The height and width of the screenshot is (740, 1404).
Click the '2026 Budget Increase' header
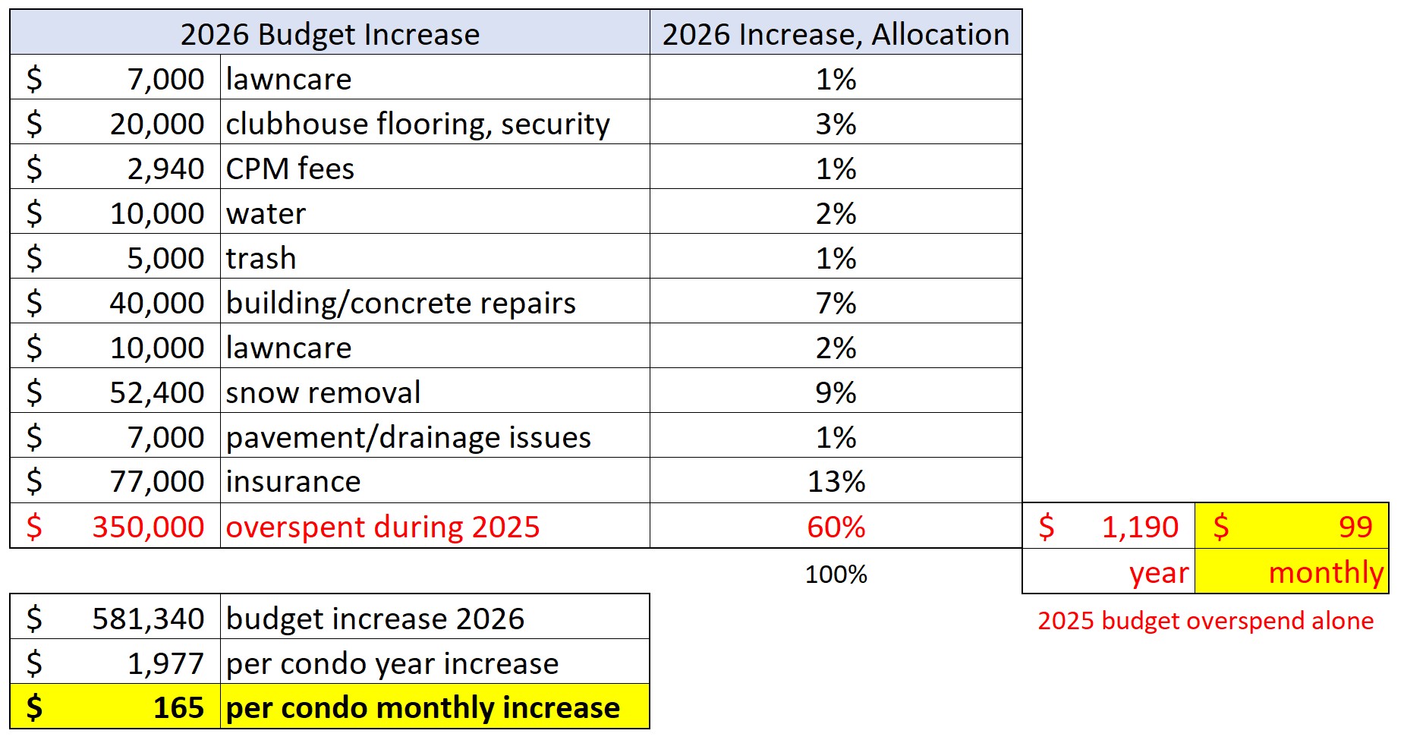point(330,34)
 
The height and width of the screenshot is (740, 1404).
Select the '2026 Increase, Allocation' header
point(836,34)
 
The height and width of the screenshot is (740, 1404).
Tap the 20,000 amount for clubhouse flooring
point(157,124)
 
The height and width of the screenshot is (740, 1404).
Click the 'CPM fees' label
point(290,168)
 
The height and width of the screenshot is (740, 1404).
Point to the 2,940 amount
point(165,168)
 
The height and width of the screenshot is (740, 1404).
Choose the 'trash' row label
point(261,258)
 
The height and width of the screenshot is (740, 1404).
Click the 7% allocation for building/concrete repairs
point(836,303)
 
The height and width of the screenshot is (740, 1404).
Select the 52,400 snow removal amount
point(157,392)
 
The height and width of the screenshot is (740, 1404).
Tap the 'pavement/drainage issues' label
point(408,437)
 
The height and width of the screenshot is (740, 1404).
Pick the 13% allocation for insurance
point(836,481)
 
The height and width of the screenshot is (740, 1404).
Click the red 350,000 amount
point(148,527)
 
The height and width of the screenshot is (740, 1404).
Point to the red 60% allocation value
point(836,527)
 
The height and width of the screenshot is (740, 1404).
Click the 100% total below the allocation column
point(836,574)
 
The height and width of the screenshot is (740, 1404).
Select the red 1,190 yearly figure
point(1140,527)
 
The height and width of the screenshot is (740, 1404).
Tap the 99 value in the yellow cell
point(1355,527)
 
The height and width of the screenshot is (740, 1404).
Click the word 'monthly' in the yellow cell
point(1326,572)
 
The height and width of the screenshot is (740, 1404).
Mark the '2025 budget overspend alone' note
point(1205,620)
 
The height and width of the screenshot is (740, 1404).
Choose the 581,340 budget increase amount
point(148,619)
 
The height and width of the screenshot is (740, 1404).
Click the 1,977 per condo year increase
point(165,663)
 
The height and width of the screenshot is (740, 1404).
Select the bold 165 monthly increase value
point(178,707)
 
